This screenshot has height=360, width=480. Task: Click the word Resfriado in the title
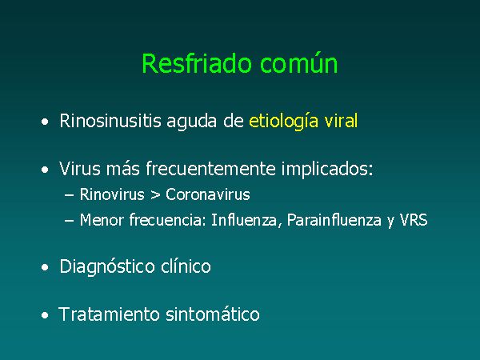click(197, 63)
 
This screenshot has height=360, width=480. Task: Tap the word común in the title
click(298, 63)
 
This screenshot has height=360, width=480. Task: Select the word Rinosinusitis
click(110, 121)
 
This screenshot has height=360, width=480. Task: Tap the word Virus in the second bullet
click(79, 169)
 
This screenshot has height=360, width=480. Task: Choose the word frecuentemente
click(210, 169)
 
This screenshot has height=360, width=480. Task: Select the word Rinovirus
click(112, 194)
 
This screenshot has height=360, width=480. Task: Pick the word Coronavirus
click(208, 194)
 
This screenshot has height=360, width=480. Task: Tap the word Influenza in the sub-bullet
click(244, 220)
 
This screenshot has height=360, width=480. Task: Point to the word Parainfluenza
click(334, 220)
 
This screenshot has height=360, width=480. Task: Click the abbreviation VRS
click(414, 220)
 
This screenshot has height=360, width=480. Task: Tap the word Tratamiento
click(109, 314)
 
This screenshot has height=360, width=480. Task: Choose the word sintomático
click(213, 314)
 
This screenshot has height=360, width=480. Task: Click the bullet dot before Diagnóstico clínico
click(45, 267)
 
